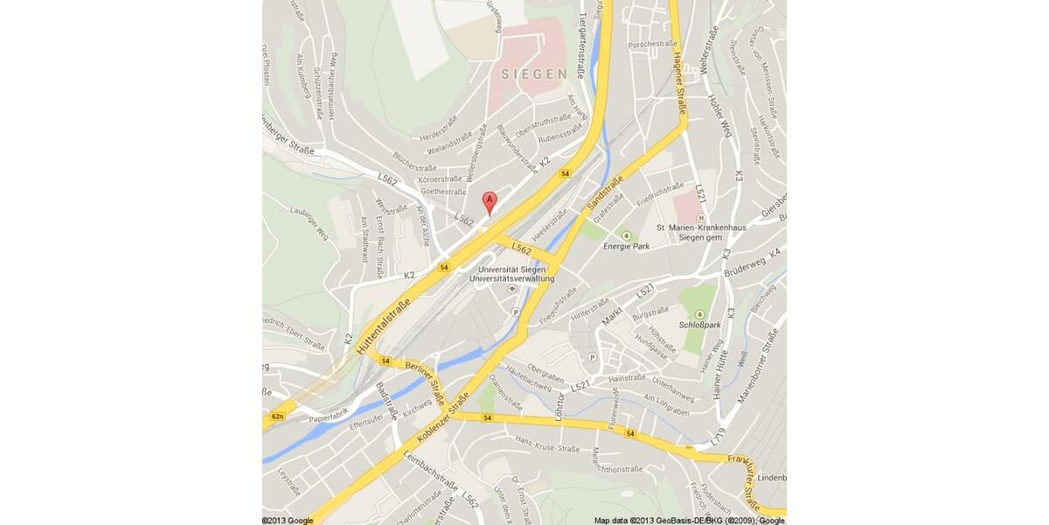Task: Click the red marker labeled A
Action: [x=490, y=202]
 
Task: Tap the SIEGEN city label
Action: [x=534, y=74]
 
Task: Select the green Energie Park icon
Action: [x=626, y=234]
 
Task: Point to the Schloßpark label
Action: [x=699, y=324]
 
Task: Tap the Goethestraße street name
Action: [x=443, y=192]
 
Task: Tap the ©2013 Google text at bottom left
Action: [x=288, y=520]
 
